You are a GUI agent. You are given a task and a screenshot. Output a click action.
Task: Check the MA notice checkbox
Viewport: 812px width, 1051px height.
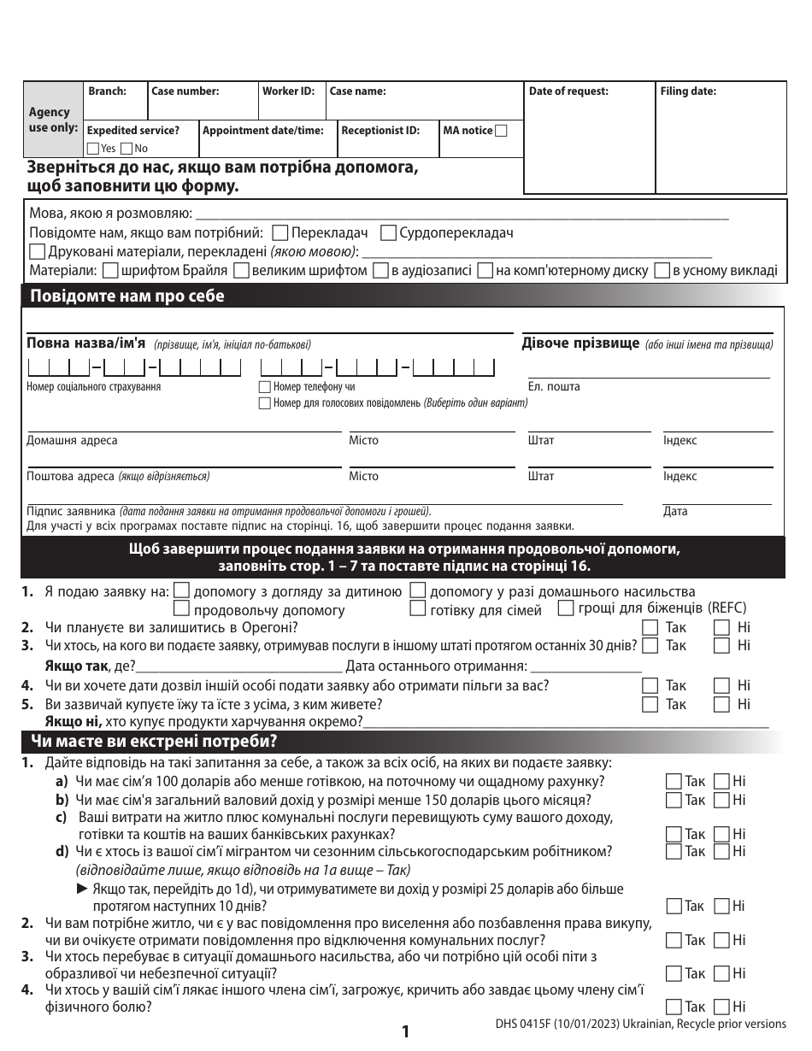click(502, 131)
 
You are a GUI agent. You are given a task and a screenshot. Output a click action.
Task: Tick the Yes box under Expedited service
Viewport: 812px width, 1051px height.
click(94, 148)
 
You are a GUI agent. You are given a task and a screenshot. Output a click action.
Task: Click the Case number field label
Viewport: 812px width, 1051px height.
click(185, 91)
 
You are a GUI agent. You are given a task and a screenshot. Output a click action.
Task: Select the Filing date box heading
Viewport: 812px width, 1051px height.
click(687, 91)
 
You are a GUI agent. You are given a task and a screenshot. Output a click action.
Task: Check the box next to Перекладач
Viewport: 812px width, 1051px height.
click(279, 232)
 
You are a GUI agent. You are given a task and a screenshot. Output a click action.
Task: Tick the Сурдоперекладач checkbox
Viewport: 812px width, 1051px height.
click(387, 232)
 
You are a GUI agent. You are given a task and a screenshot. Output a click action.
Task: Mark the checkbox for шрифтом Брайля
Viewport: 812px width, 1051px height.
click(109, 271)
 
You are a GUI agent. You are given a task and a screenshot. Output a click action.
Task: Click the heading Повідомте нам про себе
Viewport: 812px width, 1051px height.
click(127, 297)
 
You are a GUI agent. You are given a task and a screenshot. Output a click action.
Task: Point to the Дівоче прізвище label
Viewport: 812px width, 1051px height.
click(580, 343)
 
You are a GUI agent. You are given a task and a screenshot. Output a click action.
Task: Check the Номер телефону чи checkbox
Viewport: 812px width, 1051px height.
click(265, 387)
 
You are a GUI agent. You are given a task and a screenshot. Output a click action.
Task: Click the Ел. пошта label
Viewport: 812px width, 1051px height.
click(553, 387)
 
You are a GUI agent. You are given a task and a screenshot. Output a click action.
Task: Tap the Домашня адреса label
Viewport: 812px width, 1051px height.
click(72, 441)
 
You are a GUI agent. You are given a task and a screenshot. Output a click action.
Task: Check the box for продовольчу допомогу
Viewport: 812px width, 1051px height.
click(181, 609)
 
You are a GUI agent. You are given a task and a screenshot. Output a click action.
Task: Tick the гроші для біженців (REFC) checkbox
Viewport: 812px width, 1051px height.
click(565, 608)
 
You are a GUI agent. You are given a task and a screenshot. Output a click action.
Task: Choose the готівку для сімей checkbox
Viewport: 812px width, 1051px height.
click(417, 609)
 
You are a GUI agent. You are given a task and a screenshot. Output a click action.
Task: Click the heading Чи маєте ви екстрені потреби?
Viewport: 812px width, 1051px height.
click(154, 741)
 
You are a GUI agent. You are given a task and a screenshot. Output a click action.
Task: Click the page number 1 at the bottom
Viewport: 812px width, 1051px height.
click(405, 1032)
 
